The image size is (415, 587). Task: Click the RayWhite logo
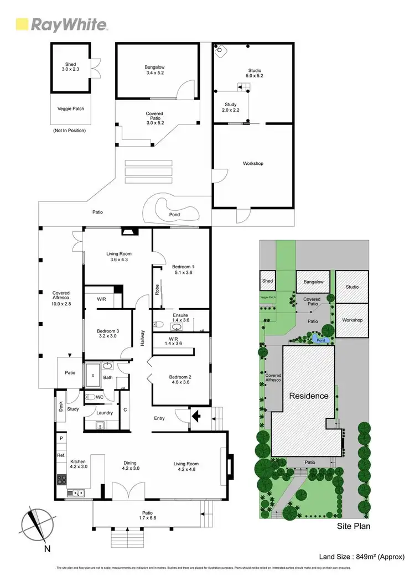point(61,25)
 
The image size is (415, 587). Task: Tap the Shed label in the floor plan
point(71,67)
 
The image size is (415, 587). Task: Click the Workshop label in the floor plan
point(252,163)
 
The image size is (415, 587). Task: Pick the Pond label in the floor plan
point(174,214)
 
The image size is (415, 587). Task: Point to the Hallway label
point(142,338)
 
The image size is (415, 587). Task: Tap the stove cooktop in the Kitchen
point(61,479)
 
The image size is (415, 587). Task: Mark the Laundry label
point(105,412)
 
